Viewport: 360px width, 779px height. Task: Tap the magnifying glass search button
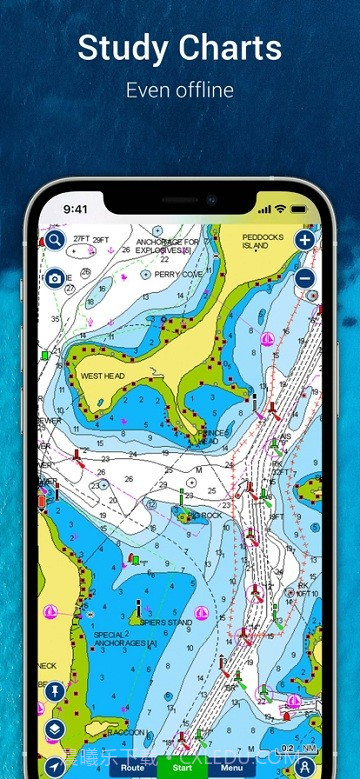[x=53, y=240]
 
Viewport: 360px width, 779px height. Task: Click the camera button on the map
[x=54, y=279]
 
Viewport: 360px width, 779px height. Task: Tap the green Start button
[x=181, y=767]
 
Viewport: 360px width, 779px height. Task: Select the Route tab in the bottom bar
[x=132, y=767]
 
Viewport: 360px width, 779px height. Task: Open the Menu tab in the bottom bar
[x=232, y=767]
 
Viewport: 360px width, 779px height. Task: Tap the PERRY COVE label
[x=179, y=274]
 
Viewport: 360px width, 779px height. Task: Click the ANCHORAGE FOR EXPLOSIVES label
[x=167, y=245]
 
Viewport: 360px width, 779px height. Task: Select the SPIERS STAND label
[x=166, y=622]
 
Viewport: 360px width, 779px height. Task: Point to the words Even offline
[x=180, y=90]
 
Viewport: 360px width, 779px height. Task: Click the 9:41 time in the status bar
[x=76, y=210]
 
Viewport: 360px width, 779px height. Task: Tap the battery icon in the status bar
[x=297, y=209]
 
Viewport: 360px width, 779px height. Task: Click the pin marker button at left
[x=54, y=691]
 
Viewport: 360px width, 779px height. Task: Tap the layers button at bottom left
[x=54, y=728]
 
